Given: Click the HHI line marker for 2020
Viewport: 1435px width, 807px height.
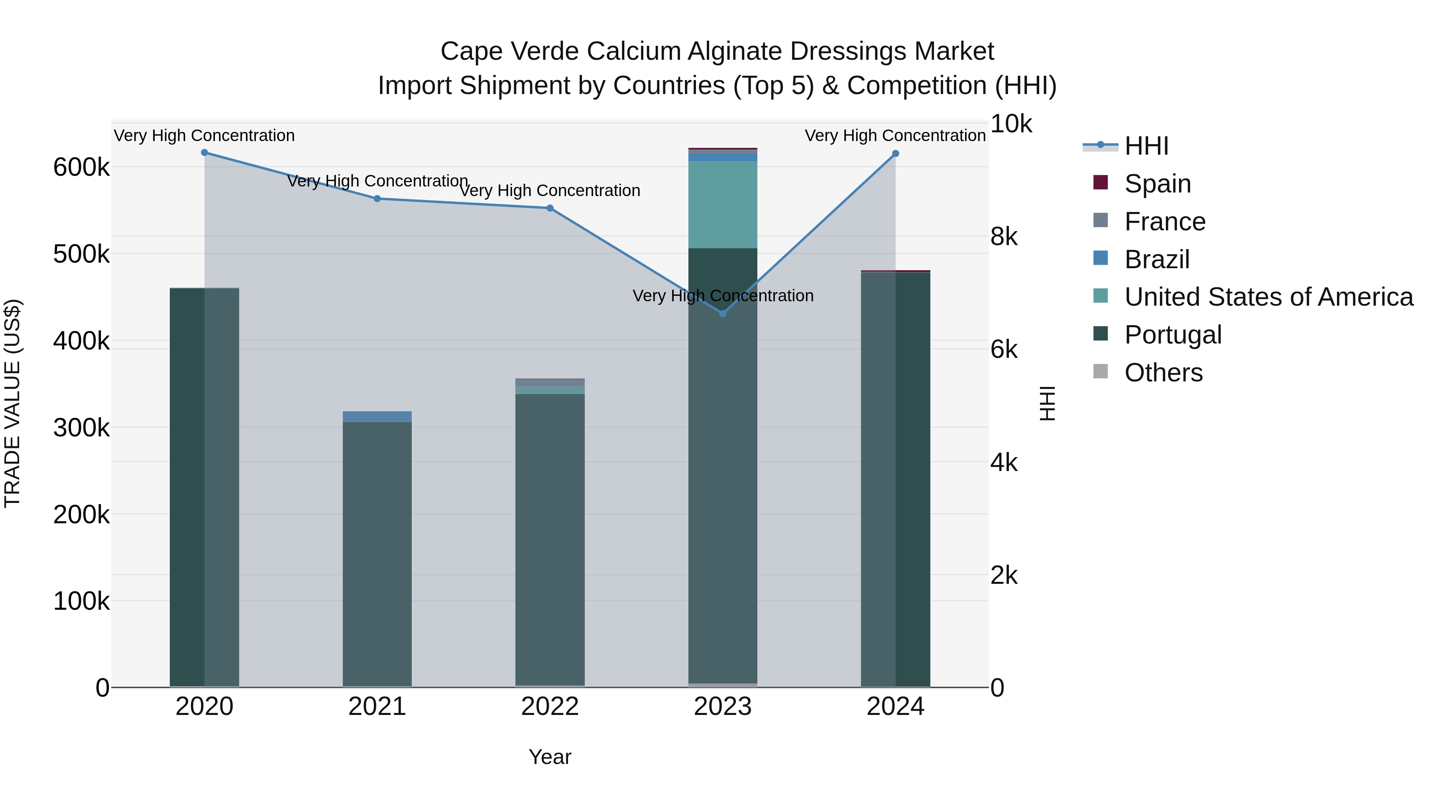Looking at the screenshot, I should coord(204,153).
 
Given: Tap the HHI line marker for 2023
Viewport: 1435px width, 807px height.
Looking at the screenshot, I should coord(723,314).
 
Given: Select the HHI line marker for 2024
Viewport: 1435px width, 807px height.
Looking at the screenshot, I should coord(895,154).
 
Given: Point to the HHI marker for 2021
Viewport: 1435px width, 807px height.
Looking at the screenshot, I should coord(377,199).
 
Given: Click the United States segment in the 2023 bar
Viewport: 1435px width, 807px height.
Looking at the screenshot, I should coord(723,204).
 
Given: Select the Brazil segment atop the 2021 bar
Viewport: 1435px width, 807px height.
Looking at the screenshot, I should coord(377,416).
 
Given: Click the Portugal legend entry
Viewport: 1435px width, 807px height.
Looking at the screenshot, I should coord(1173,335).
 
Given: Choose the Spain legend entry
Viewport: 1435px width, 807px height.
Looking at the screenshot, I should coord(1157,184).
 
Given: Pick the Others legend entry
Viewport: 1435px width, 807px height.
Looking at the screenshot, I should coord(1163,373).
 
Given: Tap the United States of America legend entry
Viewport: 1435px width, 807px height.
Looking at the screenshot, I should coord(1268,297).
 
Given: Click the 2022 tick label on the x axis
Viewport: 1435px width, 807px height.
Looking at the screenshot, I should coord(550,707).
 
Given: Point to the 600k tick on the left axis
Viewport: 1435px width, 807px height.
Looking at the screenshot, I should coord(81,167).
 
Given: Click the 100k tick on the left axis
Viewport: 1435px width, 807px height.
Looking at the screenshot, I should coord(81,601).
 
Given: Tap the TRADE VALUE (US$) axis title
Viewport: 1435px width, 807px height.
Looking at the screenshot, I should coord(12,403).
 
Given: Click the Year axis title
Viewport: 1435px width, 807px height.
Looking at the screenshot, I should coord(550,757).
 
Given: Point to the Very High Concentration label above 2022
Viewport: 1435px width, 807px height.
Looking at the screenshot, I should coord(550,190).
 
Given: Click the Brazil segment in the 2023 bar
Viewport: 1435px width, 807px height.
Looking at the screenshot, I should coord(723,157).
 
